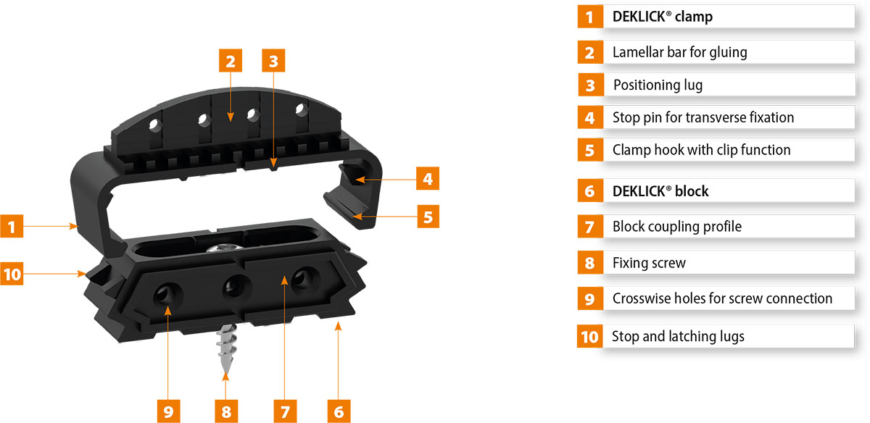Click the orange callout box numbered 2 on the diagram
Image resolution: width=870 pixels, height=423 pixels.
tap(231, 61)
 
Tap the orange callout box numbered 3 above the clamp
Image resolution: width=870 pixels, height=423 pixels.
tap(273, 61)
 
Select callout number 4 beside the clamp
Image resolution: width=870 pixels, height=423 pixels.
tap(428, 178)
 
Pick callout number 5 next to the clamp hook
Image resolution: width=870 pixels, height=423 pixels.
tap(428, 217)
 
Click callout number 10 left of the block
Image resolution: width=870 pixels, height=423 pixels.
tap(12, 274)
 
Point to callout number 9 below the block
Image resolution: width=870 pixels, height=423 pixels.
tap(168, 411)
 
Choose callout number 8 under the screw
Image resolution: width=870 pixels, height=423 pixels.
tap(226, 411)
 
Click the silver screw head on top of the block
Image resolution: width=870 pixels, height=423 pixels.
tap(225, 248)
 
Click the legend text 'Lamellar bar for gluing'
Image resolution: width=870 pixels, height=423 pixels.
tap(680, 52)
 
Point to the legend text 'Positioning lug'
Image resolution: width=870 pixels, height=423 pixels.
tap(658, 85)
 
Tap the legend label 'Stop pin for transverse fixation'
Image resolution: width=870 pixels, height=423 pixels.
tap(703, 117)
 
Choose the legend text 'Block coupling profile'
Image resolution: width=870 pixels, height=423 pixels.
tap(677, 226)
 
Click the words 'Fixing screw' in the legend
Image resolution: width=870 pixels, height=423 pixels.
tap(649, 263)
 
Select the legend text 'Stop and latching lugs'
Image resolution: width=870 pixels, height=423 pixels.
tap(678, 337)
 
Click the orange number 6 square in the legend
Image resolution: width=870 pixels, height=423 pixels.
tap(590, 190)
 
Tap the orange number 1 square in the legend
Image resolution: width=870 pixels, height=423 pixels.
tap(590, 17)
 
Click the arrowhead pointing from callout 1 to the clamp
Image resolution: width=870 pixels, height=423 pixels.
tap(74, 226)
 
